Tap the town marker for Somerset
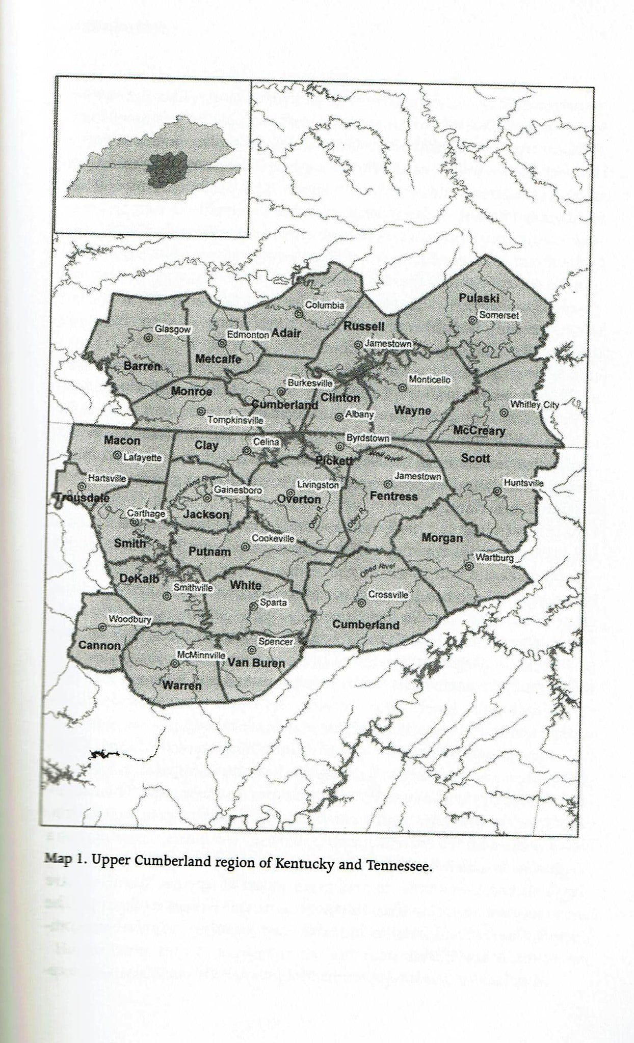(472, 320)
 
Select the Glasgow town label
(172, 330)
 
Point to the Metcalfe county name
(218, 359)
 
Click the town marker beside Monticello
(402, 387)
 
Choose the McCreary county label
(479, 431)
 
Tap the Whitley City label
(534, 405)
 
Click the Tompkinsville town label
(235, 421)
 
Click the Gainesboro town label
(237, 490)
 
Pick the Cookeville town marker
(245, 546)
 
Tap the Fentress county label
(393, 496)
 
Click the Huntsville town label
(523, 482)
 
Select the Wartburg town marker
(468, 566)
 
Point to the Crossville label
(388, 594)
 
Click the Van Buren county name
(256, 663)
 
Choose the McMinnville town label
(201, 655)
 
